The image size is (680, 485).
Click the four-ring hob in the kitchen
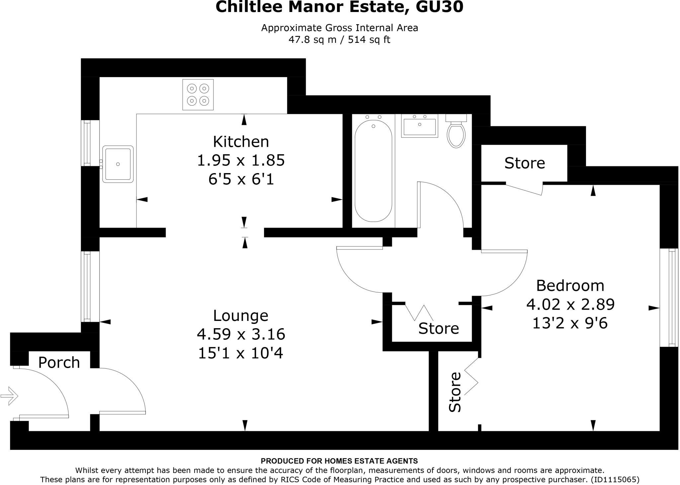point(198,95)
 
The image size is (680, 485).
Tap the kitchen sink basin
point(118,164)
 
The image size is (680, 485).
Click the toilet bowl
point(456,134)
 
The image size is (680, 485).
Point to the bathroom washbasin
point(419,126)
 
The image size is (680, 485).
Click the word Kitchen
point(241,142)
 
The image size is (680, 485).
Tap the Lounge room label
point(240,316)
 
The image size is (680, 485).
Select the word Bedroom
point(570,286)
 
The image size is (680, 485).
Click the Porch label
point(59,362)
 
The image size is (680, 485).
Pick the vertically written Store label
point(455,392)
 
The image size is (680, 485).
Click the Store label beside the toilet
point(525,163)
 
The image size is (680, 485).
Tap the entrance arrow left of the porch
point(9,396)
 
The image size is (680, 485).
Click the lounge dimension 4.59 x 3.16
point(241,334)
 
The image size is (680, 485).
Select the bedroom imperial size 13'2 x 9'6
point(570,323)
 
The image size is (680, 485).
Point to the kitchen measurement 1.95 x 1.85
point(241,160)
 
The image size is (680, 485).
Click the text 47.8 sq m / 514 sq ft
point(339,40)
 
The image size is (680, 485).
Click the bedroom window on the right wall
point(669,298)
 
